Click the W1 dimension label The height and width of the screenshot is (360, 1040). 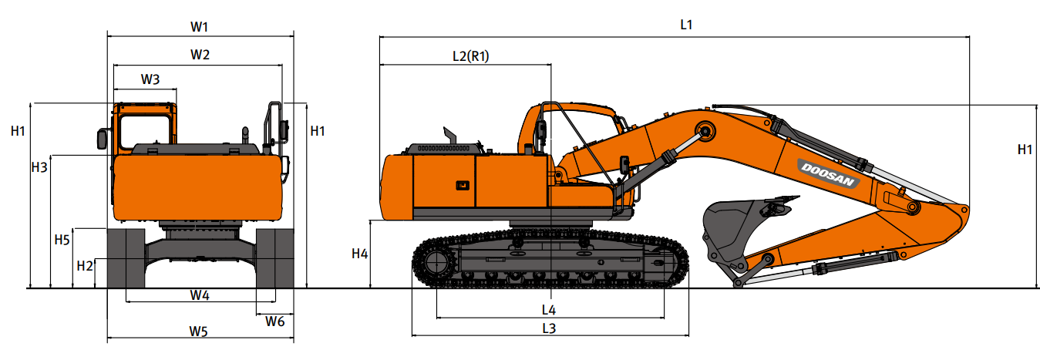199,27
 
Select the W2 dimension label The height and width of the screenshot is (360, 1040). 200,55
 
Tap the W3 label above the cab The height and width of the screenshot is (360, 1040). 150,79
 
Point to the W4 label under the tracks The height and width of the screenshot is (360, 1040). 200,295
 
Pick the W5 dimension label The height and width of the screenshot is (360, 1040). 198,331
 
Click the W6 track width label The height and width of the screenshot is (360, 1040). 275,321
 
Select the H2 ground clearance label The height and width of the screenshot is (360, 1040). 85,266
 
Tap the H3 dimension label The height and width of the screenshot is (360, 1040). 39,167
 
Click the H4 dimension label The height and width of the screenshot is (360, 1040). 359,254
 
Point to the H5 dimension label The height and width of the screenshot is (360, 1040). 62,240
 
